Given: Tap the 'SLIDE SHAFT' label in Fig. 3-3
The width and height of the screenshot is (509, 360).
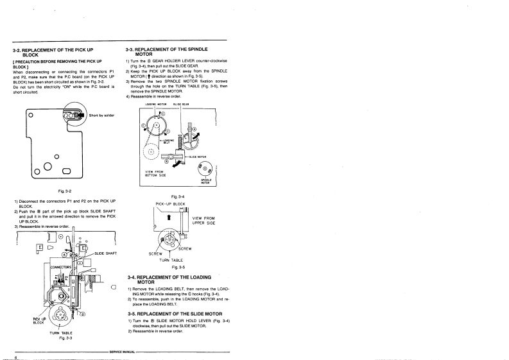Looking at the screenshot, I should tap(107, 253).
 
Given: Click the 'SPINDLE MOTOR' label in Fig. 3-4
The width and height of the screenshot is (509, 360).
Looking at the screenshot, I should tap(206, 181).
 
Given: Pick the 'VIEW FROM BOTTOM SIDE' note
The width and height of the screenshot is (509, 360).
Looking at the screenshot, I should tap(157, 173).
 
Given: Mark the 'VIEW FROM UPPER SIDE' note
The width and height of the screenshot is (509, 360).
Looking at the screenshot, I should tap(203, 221).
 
